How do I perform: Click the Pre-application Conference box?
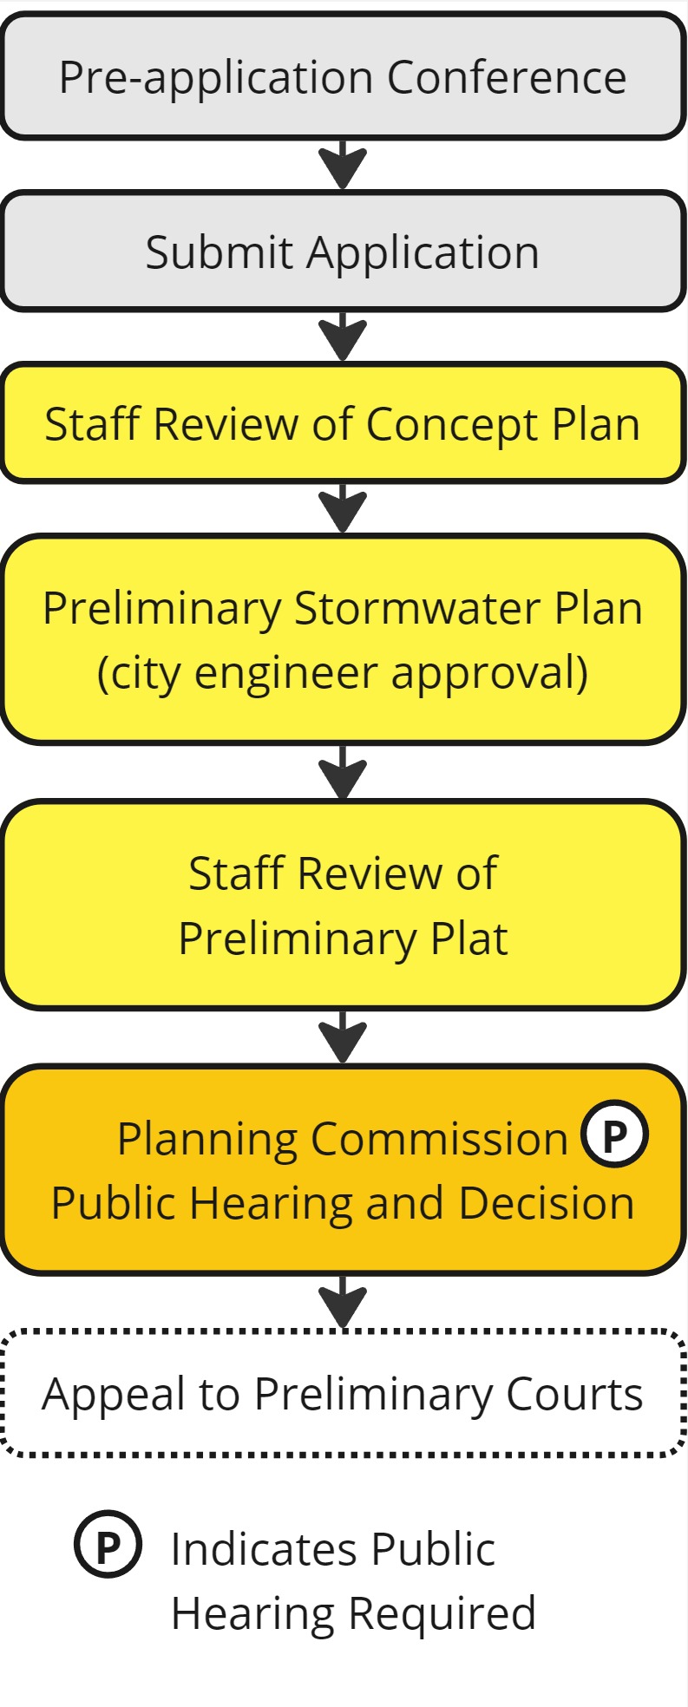(x=344, y=76)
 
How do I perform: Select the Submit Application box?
(x=344, y=252)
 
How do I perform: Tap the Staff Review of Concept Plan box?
(x=344, y=423)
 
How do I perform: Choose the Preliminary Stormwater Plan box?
(x=344, y=640)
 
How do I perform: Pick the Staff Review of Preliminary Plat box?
(x=344, y=906)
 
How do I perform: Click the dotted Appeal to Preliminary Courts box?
(x=344, y=1394)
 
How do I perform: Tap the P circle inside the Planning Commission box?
(x=614, y=1134)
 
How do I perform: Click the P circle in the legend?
(x=108, y=1545)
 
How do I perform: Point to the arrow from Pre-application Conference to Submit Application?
(x=344, y=165)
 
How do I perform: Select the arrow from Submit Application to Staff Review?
(x=344, y=337)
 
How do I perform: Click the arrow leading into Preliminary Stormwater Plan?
(x=344, y=508)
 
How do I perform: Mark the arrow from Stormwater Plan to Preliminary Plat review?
(x=344, y=773)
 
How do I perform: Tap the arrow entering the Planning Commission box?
(x=344, y=1038)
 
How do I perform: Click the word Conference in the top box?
(x=507, y=77)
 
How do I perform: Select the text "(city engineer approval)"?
(x=343, y=673)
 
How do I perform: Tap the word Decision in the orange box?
(x=547, y=1203)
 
